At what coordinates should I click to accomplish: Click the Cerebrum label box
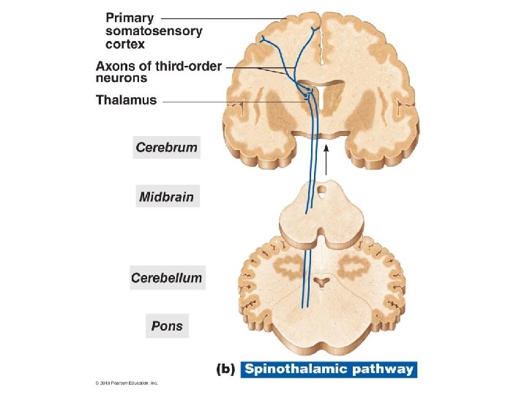[167, 147]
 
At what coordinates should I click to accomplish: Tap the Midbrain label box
[167, 197]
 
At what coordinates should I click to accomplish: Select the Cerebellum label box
[167, 278]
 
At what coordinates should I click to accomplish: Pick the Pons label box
[167, 326]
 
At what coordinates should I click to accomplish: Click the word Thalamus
[126, 100]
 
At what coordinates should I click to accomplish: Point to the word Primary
[130, 18]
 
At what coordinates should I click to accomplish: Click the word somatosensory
[154, 31]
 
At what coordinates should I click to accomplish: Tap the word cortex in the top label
[125, 44]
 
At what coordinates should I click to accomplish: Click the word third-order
[187, 66]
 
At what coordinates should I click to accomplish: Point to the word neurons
[122, 78]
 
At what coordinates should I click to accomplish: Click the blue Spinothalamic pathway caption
[329, 369]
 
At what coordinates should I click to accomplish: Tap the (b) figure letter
[225, 369]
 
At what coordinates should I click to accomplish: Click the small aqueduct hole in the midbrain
[321, 195]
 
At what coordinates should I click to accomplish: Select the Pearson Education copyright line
[126, 383]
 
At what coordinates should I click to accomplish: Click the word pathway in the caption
[382, 369]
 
